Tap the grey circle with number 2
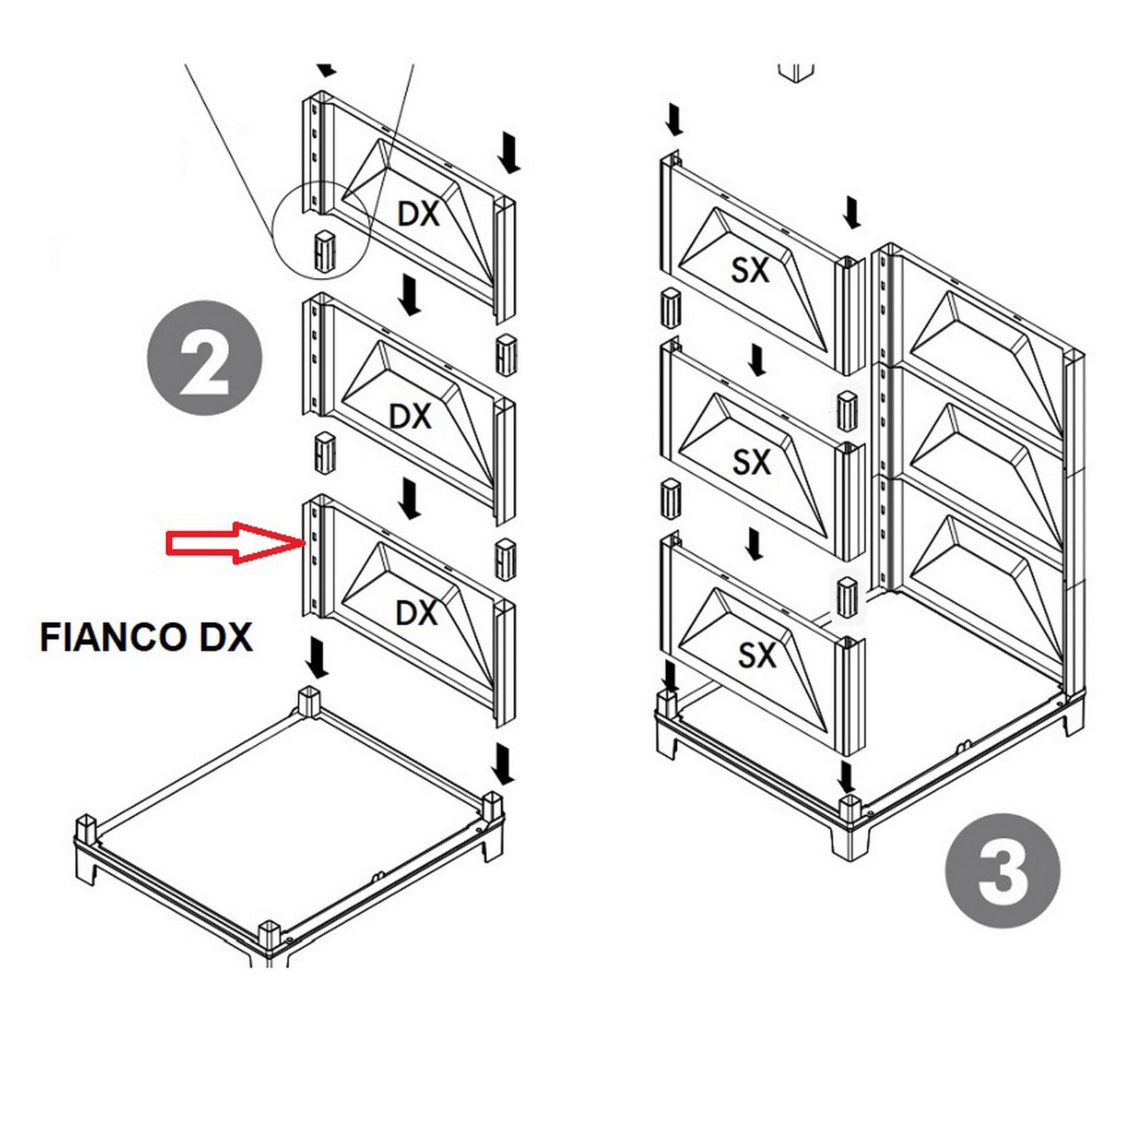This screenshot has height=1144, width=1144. (x=204, y=357)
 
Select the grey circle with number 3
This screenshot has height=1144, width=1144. (x=1002, y=870)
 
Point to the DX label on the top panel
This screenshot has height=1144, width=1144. (x=418, y=214)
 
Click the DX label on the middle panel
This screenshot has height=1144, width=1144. (x=410, y=416)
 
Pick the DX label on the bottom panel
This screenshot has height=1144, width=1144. (x=416, y=613)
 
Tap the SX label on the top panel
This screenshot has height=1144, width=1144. (x=750, y=270)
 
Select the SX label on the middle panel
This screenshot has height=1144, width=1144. (x=751, y=463)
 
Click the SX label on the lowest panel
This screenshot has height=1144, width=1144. (x=756, y=655)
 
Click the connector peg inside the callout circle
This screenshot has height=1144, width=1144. (x=324, y=250)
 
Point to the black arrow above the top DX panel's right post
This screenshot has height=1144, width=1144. (x=509, y=152)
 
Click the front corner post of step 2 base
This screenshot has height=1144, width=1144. (x=270, y=935)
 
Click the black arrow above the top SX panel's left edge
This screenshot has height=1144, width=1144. (x=673, y=119)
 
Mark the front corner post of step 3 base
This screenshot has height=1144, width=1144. (x=848, y=810)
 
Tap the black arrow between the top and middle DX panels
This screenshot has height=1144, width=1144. (x=409, y=294)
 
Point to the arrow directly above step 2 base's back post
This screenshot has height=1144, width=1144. (x=315, y=659)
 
